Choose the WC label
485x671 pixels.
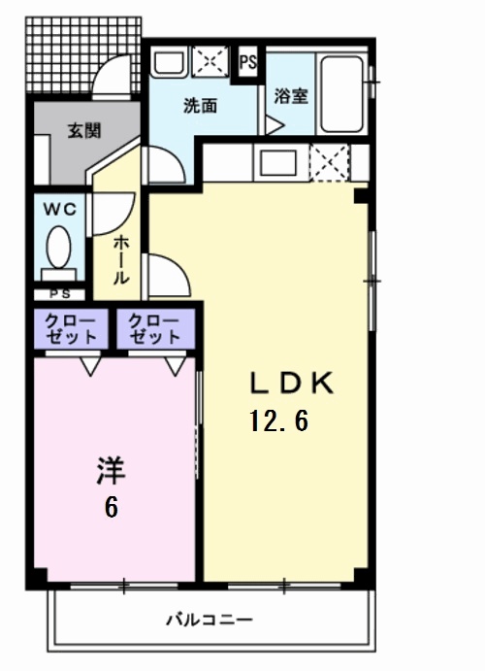pos(60,209)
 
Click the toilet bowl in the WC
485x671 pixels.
pos(59,249)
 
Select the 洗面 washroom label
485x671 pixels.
pos(201,106)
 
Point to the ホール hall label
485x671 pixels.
pos(121,258)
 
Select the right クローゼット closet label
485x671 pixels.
pos(154,329)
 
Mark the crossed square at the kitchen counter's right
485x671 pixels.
pos(330,161)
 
